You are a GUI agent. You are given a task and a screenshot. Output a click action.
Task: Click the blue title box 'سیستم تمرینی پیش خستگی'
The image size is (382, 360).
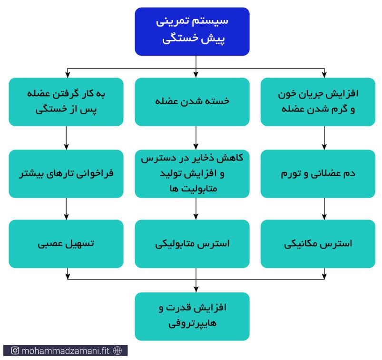point(192,31)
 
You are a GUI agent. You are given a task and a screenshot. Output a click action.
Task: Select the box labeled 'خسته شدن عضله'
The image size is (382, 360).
point(192,102)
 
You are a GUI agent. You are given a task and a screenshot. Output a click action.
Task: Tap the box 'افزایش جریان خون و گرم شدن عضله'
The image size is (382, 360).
point(318,102)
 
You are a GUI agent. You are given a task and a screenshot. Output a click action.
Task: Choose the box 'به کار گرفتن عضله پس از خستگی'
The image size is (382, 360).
point(66,102)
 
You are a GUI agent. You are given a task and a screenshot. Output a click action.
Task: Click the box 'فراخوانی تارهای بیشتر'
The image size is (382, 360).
point(66,174)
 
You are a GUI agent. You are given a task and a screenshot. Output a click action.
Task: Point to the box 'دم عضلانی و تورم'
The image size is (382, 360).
point(318,174)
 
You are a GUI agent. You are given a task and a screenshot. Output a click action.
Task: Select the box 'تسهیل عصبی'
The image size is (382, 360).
point(66,244)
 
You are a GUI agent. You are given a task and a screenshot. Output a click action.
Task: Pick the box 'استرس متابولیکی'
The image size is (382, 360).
point(192,244)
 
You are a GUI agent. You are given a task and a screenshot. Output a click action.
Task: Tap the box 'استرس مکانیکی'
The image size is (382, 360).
point(318,244)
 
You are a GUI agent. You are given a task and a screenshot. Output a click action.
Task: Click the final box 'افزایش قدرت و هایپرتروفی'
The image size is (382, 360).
point(192,316)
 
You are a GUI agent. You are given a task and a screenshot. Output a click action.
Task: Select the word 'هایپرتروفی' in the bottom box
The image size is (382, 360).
point(192,324)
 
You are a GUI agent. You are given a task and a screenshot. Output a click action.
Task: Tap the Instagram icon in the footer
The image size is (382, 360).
point(15,350)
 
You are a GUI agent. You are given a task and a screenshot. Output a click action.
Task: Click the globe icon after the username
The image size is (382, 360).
point(118,350)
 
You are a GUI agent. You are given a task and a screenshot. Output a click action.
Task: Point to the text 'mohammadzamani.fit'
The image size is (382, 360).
point(65,351)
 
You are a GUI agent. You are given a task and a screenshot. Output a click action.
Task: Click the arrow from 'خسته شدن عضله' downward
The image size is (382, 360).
point(196,138)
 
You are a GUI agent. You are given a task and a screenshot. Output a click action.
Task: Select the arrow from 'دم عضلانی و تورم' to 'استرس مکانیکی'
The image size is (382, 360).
point(324,209)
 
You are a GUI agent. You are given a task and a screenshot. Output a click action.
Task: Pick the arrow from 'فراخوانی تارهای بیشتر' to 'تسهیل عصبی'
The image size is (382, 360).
point(66,209)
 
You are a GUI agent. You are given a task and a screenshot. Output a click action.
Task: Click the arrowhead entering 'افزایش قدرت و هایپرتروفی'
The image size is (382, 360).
point(196,290)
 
